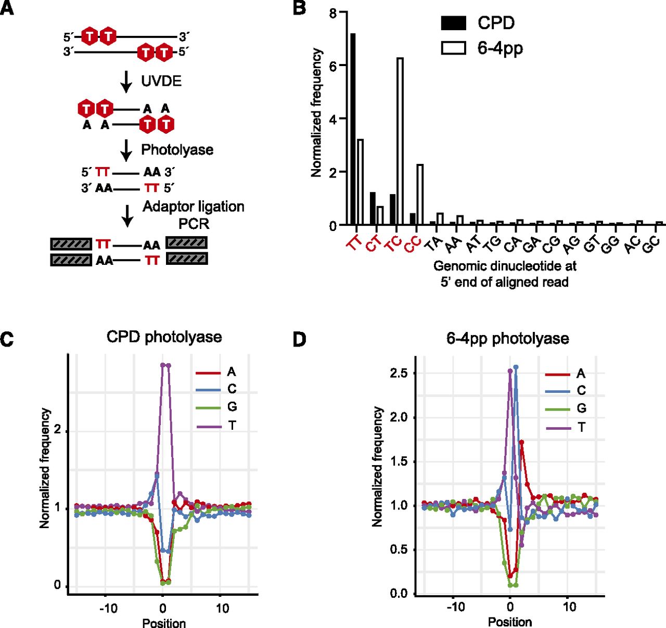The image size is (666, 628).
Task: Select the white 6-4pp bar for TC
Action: tap(400, 141)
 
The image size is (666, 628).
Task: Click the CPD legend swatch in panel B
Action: tap(453, 23)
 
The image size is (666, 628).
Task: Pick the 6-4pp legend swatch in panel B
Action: tap(453, 48)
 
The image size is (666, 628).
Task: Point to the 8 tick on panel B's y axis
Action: tap(333, 12)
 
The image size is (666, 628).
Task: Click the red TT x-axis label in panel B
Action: tap(354, 242)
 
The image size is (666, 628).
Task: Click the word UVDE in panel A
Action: tap(161, 81)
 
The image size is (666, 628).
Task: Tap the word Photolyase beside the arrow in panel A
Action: tap(177, 150)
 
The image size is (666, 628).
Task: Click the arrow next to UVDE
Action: tap(126, 81)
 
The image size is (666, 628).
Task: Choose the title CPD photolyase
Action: tap(164, 337)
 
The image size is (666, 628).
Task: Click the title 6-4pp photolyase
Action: tap(507, 339)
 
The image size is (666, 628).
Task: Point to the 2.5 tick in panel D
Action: tap(399, 373)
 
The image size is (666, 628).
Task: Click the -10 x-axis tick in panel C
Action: tap(108, 608)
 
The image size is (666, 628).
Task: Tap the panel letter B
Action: tap(300, 8)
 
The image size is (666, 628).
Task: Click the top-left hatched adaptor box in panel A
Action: tap(71, 243)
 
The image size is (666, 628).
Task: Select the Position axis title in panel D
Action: tap(509, 622)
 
